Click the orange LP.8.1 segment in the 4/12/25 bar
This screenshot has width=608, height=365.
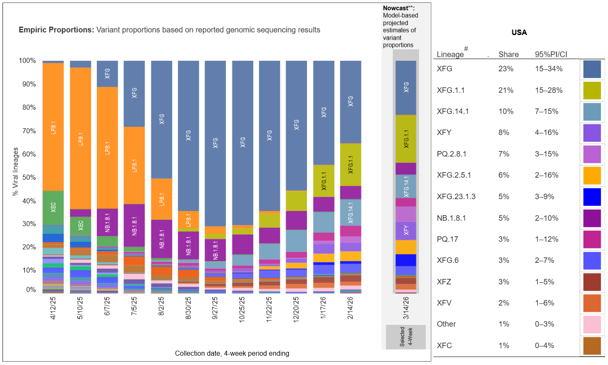(x=53, y=127)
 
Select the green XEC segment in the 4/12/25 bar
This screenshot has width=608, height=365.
(x=53, y=207)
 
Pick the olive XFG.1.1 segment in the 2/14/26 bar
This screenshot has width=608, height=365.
(x=351, y=165)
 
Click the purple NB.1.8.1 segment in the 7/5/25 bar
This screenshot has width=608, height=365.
(x=134, y=225)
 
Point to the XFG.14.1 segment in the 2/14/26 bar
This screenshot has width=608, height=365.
(x=351, y=212)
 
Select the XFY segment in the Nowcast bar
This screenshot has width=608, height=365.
(x=406, y=230)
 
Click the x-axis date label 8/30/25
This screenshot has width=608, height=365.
(x=188, y=308)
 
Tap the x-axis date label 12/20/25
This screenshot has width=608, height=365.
(x=296, y=309)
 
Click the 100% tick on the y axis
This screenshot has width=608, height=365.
(x=27, y=61)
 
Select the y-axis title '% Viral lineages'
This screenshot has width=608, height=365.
(x=16, y=171)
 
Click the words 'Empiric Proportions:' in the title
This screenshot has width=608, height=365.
(x=56, y=30)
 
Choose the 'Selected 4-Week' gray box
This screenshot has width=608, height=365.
(x=406, y=337)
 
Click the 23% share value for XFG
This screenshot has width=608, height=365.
(x=506, y=69)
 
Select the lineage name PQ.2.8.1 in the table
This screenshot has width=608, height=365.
(x=452, y=154)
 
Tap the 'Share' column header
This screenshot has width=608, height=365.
(x=508, y=54)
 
